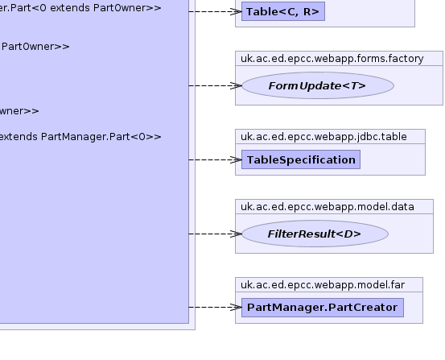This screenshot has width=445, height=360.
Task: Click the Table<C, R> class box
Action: (x=283, y=11)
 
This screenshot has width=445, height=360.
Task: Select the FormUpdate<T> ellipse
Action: (x=318, y=85)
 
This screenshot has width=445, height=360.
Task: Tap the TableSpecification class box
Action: (x=301, y=159)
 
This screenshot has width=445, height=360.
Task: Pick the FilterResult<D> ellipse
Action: (x=315, y=234)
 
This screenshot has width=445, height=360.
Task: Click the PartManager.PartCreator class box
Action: (x=323, y=308)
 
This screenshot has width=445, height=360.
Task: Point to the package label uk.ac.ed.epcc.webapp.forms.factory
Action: (x=332, y=59)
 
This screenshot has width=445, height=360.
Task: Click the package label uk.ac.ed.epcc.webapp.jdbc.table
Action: (x=323, y=137)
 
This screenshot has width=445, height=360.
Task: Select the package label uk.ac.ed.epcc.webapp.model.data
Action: (x=328, y=206)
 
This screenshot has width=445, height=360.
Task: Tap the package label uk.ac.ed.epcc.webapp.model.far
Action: (x=323, y=285)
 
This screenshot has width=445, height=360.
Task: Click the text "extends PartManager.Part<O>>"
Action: (x=80, y=137)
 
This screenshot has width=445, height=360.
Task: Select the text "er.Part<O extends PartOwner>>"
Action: (x=80, y=8)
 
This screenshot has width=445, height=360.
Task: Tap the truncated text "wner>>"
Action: (x=19, y=111)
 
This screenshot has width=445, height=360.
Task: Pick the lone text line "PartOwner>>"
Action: (x=35, y=47)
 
